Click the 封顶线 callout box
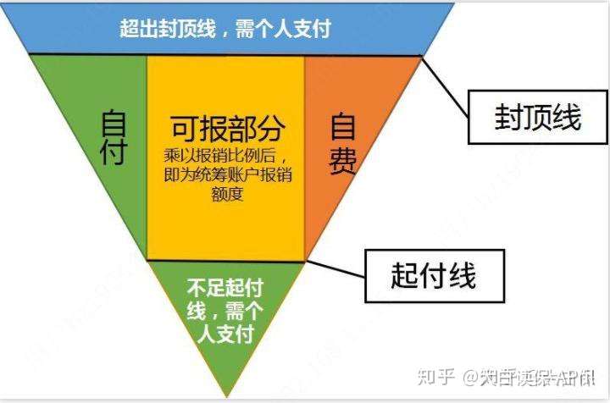[537, 118]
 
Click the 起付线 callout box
[433, 275]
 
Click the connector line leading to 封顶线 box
[446, 86]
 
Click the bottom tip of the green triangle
[225, 395]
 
